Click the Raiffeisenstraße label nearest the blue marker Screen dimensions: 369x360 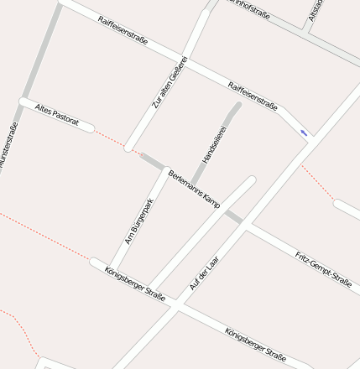click(253, 96)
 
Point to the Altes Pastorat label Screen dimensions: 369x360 click(57, 116)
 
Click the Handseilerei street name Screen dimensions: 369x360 click(214, 144)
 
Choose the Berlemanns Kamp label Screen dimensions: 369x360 click(194, 188)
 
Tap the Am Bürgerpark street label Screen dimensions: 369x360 click(139, 221)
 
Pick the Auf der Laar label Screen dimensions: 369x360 click(204, 273)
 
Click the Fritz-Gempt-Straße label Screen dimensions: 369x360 click(323, 268)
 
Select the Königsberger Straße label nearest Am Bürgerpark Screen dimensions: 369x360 click(135, 283)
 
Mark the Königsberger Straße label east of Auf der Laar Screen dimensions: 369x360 click(255, 344)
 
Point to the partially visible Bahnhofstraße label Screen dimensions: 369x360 click(249, 8)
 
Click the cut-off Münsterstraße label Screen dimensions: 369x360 click(8, 146)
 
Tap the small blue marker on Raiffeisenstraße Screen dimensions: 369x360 click(304, 133)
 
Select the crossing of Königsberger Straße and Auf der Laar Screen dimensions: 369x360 click(175, 304)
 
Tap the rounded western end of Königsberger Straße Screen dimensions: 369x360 click(95, 262)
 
